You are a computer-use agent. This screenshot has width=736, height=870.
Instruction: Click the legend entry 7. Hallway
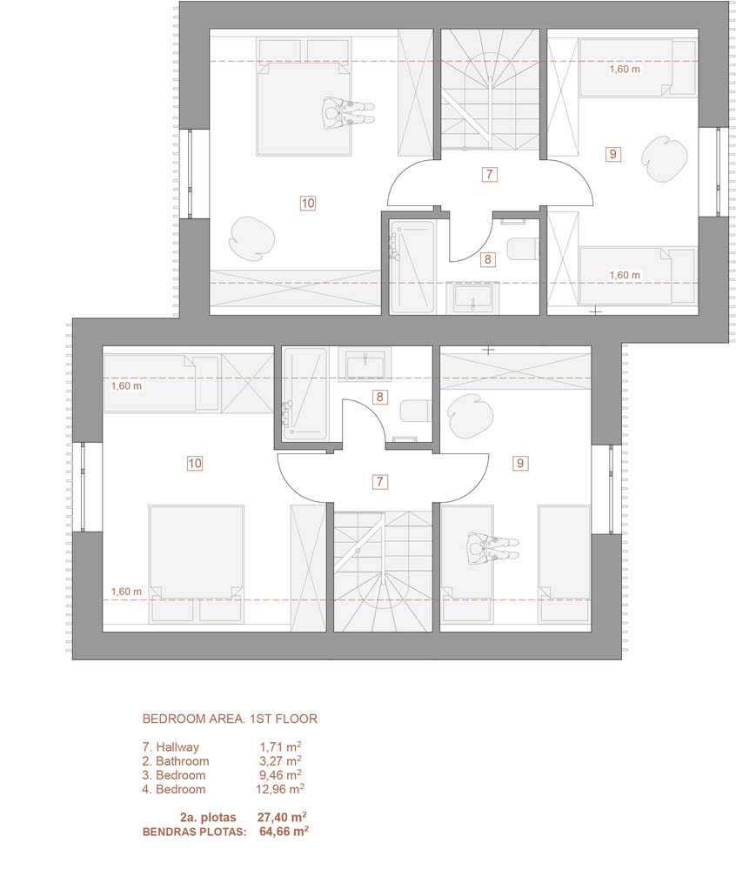(x=171, y=747)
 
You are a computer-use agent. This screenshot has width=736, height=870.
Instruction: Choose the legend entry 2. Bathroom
(x=175, y=761)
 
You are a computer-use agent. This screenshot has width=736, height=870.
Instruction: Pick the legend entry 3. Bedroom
(x=174, y=775)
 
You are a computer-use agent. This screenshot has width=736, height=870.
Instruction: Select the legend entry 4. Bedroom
(x=174, y=789)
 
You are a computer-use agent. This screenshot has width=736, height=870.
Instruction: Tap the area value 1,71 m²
(x=281, y=746)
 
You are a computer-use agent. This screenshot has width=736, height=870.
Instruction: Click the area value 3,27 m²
(x=281, y=760)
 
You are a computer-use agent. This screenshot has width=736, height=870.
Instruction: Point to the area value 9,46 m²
(x=281, y=774)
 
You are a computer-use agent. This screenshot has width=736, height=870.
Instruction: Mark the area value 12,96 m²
(x=280, y=788)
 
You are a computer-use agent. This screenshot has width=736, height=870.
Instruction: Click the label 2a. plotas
(x=208, y=818)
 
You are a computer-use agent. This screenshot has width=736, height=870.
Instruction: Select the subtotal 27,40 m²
(x=283, y=817)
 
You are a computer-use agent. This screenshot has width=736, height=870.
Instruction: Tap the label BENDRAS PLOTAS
(x=195, y=832)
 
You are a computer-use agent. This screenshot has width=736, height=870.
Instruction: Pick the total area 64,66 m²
(x=284, y=831)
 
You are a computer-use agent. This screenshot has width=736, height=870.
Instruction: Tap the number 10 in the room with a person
(x=308, y=203)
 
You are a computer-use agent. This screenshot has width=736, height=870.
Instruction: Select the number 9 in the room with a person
(x=520, y=463)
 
